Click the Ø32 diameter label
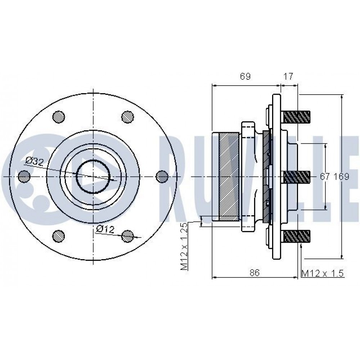pyautogui.click(x=35, y=161)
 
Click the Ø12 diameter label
pyautogui.click(x=105, y=229)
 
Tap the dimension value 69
pyautogui.click(x=245, y=76)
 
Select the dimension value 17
pyautogui.click(x=288, y=76)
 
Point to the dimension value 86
pyautogui.click(x=255, y=273)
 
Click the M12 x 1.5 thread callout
pyautogui.click(x=322, y=273)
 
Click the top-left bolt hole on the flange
pyautogui.click(x=59, y=117)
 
